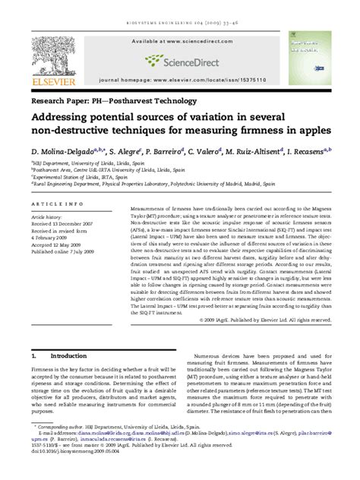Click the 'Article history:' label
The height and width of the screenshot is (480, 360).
pyautogui.click(x=47, y=217)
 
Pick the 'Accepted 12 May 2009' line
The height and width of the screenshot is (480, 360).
pyautogui.click(x=58, y=245)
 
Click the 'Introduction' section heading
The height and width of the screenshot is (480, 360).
pyautogui.click(x=68, y=355)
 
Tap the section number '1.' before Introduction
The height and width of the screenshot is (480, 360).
pyautogui.click(x=33, y=355)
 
